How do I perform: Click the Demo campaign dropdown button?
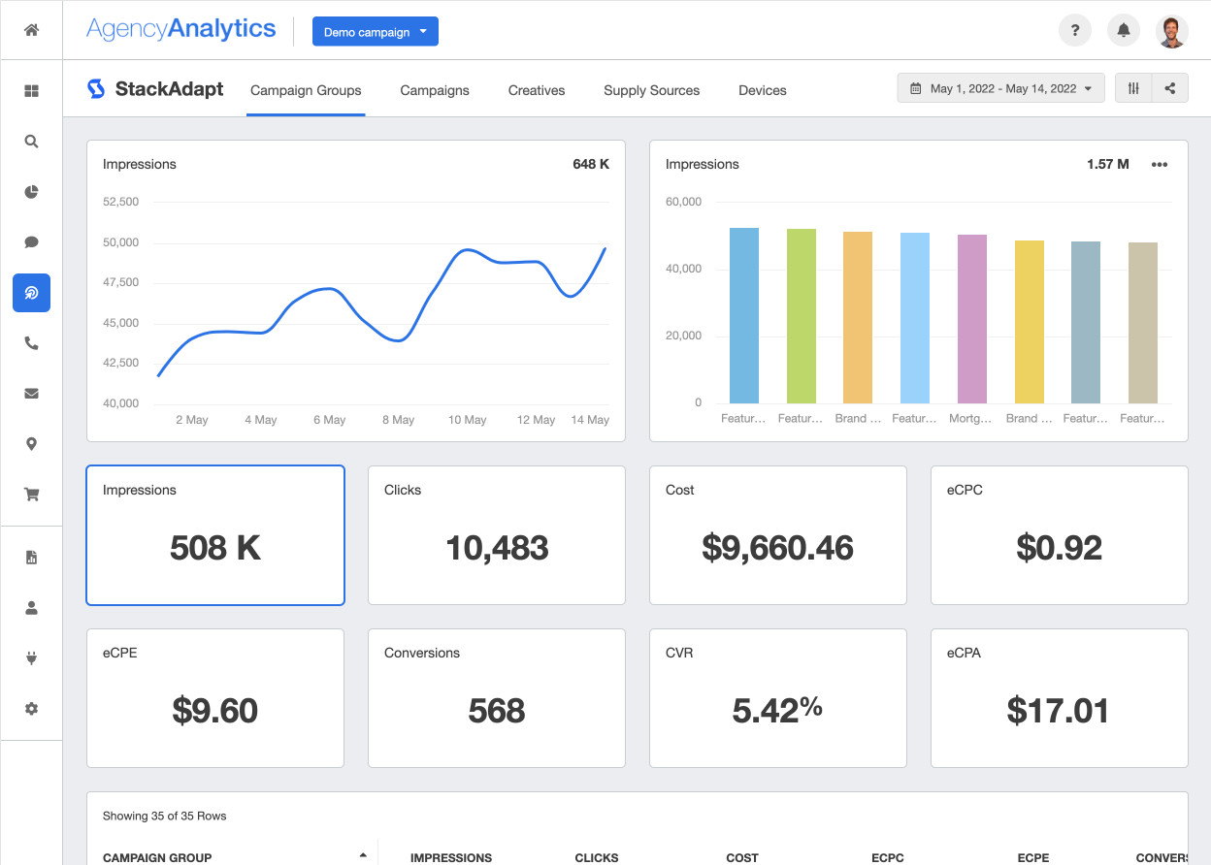(x=375, y=32)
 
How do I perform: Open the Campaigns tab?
(x=435, y=90)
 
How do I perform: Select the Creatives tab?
(x=537, y=90)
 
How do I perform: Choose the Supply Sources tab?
(x=651, y=90)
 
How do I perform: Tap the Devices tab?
(x=762, y=90)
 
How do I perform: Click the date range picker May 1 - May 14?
(x=1000, y=88)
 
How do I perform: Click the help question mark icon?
(x=1075, y=31)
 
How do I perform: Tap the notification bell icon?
(x=1124, y=31)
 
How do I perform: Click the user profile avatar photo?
(x=1172, y=31)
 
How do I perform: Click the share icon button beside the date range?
(x=1170, y=88)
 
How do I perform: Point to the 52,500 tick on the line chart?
(x=120, y=202)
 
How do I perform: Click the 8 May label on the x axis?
(x=398, y=420)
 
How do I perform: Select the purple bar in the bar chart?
(x=972, y=318)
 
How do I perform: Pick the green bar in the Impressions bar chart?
(x=802, y=315)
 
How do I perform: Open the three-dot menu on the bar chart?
(x=1160, y=165)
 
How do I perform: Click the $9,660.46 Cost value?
(x=777, y=548)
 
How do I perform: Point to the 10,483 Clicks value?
(x=497, y=548)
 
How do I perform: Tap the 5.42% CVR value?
(x=777, y=711)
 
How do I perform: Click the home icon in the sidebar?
(x=31, y=30)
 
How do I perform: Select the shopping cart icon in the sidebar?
(x=31, y=495)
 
